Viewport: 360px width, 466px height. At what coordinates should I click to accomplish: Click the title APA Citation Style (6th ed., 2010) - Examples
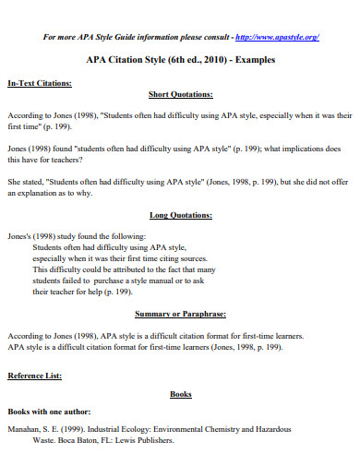pos(180,60)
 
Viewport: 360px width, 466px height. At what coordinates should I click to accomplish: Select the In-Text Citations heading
pos(40,83)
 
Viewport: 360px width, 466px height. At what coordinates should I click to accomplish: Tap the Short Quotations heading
pos(180,94)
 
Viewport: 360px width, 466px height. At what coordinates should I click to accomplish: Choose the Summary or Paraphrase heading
pos(180,313)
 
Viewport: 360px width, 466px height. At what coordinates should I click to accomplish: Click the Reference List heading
pos(34,376)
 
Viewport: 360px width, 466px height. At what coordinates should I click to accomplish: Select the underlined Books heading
pos(181,394)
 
